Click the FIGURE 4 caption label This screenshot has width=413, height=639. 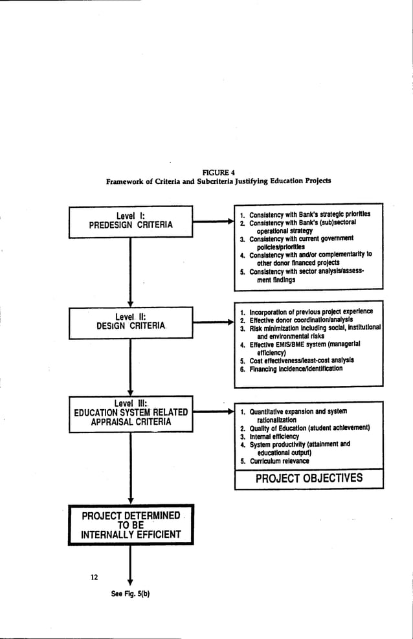pos(219,171)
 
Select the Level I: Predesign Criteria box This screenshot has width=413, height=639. pos(131,220)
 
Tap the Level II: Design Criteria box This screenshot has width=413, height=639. pos(131,322)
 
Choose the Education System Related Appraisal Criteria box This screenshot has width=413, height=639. pos(131,412)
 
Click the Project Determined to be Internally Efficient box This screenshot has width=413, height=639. pos(131,525)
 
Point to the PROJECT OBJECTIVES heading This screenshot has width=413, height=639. pos(309,479)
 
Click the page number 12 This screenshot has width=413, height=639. pos(95,577)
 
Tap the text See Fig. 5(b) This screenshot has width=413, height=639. pos(130,594)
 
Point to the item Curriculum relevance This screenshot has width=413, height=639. pos(279,461)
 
